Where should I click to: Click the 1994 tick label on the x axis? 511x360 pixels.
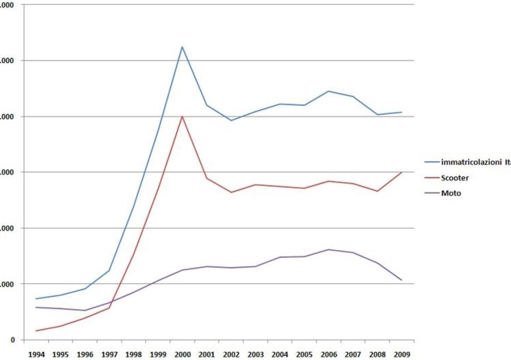point(36,353)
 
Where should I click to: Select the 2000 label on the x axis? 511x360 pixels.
point(182,353)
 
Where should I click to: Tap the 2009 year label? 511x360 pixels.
point(402,353)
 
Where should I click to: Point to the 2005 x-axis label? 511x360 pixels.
point(304,353)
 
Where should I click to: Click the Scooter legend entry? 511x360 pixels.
point(455,178)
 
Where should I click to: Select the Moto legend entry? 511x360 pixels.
point(451,194)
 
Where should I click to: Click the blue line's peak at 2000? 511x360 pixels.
point(182,47)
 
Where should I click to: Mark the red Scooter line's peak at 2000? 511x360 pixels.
point(182,116)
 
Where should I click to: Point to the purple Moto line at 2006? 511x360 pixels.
point(329,250)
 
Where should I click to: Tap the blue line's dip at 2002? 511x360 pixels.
point(231,121)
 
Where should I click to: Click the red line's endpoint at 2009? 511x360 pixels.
point(402,172)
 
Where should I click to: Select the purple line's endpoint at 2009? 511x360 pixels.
point(402,280)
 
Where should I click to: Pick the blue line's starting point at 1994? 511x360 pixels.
point(36,299)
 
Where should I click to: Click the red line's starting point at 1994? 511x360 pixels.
point(36,331)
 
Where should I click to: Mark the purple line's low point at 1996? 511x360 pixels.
point(84,310)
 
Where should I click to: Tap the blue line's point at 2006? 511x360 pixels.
point(329,91)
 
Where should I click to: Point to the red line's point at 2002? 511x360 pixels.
point(231,193)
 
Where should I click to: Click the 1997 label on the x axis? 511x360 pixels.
point(109,353)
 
